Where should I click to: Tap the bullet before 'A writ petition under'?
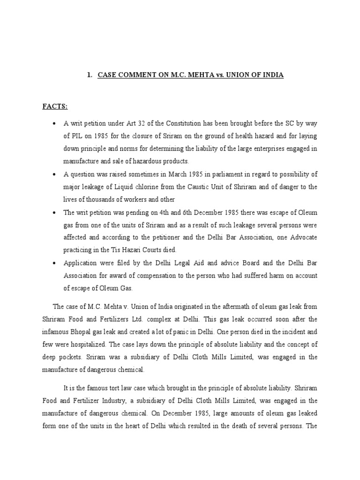pyautogui.click(x=55, y=124)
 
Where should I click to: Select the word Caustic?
pyautogui.click(x=186, y=187)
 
